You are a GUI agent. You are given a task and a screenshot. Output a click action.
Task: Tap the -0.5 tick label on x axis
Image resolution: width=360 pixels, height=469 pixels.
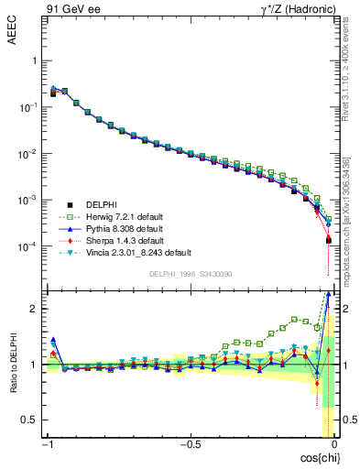tap(190, 445)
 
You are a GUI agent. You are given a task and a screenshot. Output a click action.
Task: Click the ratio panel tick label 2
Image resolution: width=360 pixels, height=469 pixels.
tap(34, 309)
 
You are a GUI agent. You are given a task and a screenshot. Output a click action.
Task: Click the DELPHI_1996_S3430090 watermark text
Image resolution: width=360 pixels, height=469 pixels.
tap(191, 273)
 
